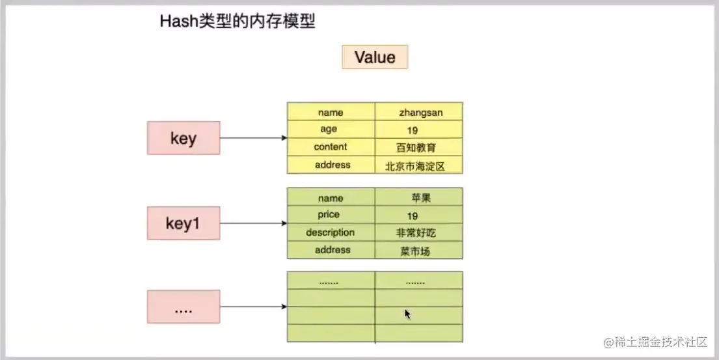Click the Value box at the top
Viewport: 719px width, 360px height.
[x=375, y=57]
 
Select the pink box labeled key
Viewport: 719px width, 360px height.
[x=183, y=138]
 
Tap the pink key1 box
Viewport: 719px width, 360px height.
[x=183, y=223]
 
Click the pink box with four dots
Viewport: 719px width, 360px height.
[x=183, y=307]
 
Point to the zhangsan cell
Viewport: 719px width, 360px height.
[x=418, y=111]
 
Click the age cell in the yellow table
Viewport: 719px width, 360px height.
[x=331, y=130]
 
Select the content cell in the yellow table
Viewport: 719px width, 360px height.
[x=331, y=147]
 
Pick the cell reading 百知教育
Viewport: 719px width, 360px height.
[x=418, y=147]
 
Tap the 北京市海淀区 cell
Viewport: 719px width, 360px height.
[x=418, y=165]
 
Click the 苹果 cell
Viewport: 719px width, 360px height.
[x=418, y=197]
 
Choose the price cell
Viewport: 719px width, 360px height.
[x=331, y=215]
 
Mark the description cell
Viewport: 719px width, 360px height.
[x=331, y=232]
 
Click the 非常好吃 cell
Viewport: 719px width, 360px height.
[x=418, y=232]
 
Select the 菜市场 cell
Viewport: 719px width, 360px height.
[x=418, y=251]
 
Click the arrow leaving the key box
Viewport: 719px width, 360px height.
[x=254, y=138]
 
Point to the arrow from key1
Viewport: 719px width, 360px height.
[x=254, y=223]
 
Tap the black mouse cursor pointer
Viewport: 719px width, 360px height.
[x=407, y=314]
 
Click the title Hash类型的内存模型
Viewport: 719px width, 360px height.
[x=237, y=21]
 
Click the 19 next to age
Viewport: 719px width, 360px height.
[x=413, y=131]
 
